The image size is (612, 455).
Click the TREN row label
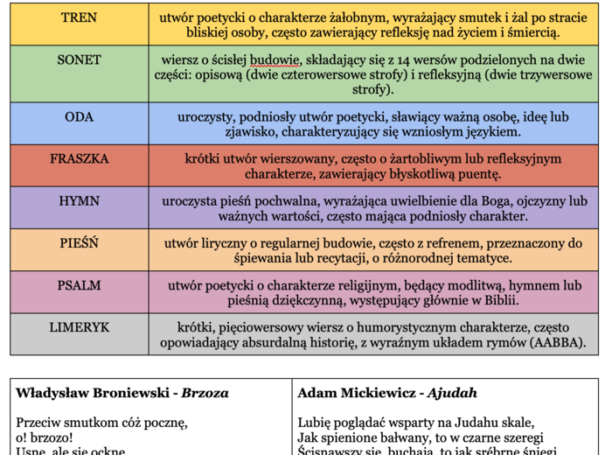pos(80,17)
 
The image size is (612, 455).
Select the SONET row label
pos(80,60)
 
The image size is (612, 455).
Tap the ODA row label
pos(80,117)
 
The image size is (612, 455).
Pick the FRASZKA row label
pos(80,159)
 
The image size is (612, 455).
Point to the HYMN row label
pos(80,200)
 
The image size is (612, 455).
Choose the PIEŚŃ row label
pos(80,243)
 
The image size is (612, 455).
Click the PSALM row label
pos(80,285)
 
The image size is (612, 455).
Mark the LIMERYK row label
pos(80,326)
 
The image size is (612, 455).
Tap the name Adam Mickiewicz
pos(353,393)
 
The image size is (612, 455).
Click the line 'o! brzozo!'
pos(45,437)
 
